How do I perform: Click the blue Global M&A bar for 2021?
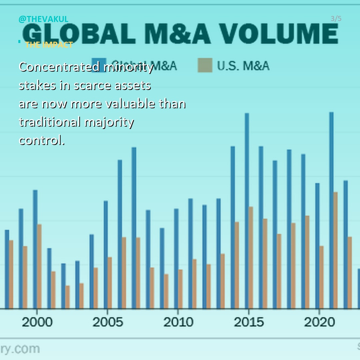331,210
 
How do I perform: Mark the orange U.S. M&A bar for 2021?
335,250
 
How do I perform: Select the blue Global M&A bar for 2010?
176,259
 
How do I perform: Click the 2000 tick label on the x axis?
37,322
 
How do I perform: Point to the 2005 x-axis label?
108,322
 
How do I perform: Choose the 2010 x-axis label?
178,322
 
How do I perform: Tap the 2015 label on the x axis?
249,322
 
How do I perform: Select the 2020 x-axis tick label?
320,322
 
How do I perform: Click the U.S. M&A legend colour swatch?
205,65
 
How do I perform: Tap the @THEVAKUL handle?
43,19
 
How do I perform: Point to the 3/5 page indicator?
336,19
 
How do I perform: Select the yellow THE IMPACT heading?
49,45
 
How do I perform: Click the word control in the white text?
42,140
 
